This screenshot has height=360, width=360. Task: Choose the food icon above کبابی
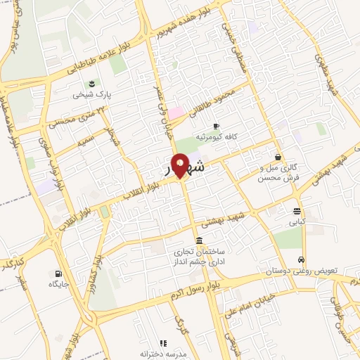click(298, 211)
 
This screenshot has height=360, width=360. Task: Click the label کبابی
click(298, 221)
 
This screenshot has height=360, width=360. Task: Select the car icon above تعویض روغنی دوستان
click(302, 258)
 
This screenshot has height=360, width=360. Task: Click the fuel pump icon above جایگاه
click(57, 274)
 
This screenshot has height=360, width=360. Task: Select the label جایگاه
click(57, 285)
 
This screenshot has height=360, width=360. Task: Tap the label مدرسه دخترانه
click(163, 354)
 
